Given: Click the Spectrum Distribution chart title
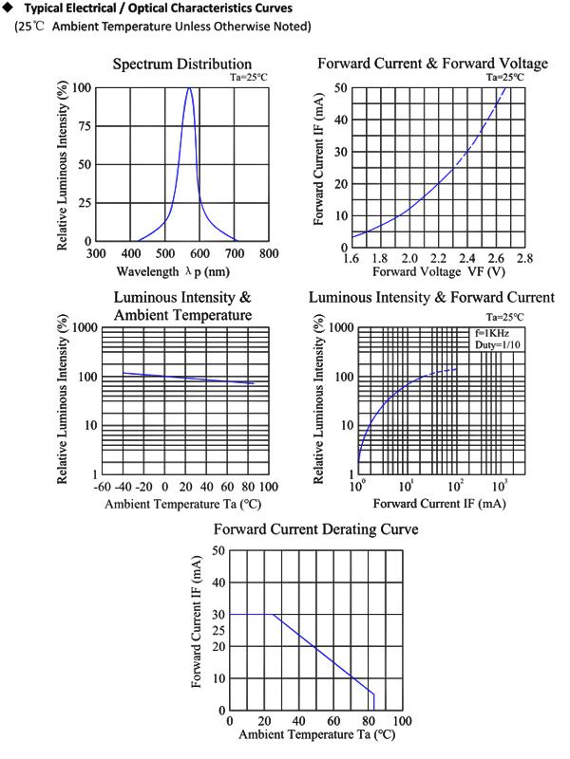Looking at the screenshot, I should tap(182, 64).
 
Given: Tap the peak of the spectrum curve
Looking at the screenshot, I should tap(190, 88).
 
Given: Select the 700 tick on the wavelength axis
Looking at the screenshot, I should tap(234, 253).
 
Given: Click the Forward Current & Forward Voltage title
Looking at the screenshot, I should tap(432, 64).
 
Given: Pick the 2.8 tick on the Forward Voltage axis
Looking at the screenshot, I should tap(524, 258).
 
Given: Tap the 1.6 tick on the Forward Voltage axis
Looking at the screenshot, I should tap(352, 258).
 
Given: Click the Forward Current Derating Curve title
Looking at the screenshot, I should tap(315, 528).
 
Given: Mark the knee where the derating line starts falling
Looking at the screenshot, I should tap(274, 615).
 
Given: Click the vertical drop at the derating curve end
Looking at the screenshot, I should tap(374, 701).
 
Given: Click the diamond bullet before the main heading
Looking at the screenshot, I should tap(9, 9).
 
